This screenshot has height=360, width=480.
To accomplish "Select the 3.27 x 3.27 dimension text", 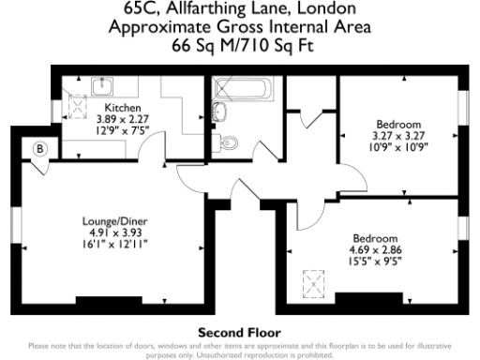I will [398, 135].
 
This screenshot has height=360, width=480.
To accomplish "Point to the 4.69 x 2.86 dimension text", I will [376, 249].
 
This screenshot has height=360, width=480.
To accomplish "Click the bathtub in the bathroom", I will [242, 91].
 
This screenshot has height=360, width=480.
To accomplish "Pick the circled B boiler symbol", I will [40, 148].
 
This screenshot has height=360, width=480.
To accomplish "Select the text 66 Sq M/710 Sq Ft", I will [239, 44].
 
